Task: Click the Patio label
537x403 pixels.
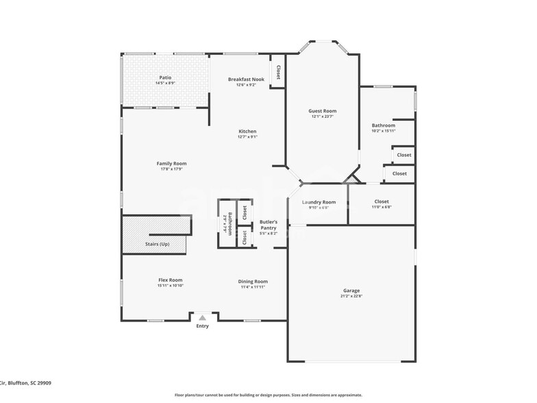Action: [x=165, y=77]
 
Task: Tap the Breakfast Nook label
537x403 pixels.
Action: [x=246, y=80]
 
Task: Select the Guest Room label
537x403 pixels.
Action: [x=322, y=111]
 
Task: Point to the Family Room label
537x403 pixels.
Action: [x=171, y=163]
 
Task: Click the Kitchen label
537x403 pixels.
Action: [x=247, y=131]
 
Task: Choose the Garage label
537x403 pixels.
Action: [x=351, y=291]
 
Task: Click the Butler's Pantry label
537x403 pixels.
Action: [x=268, y=225]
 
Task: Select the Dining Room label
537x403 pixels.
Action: [x=253, y=281]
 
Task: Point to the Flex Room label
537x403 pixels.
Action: [x=171, y=280]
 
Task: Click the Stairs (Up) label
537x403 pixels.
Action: [x=157, y=244]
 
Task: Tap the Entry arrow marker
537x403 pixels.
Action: [x=202, y=317]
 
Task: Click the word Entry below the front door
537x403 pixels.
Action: [x=202, y=326]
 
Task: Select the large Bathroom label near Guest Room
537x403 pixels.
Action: [x=384, y=125]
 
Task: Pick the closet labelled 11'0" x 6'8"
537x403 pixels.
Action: [x=382, y=204]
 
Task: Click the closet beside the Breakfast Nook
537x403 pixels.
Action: [x=278, y=72]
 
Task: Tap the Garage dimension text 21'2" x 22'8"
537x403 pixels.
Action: [x=351, y=296]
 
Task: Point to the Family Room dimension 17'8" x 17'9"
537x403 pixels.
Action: [x=171, y=169]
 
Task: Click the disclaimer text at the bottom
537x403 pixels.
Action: [x=268, y=395]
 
